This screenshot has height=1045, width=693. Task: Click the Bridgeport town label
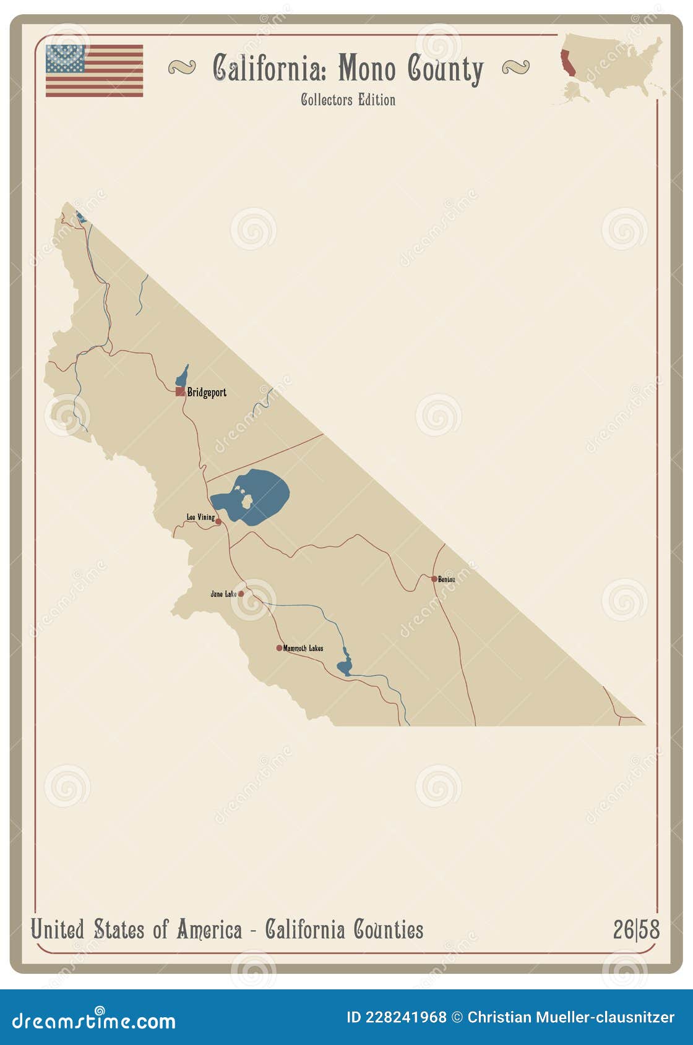click(x=207, y=392)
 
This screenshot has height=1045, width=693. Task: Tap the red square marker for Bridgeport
click(x=179, y=391)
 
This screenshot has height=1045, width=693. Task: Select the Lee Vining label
click(x=200, y=517)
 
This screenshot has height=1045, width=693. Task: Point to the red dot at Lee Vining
click(x=218, y=522)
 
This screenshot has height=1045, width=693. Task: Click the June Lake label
click(x=223, y=594)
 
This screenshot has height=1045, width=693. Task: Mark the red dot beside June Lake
click(x=241, y=594)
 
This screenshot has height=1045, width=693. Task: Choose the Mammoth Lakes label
click(x=303, y=648)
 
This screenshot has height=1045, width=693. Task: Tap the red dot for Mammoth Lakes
click(x=279, y=648)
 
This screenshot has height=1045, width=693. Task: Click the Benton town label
click(x=447, y=579)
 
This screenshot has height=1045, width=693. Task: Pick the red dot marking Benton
click(x=434, y=579)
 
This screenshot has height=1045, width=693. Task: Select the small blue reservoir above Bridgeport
click(x=183, y=375)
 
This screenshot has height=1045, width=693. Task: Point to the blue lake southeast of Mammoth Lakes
click(x=344, y=667)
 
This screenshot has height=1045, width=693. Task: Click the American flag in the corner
click(x=94, y=70)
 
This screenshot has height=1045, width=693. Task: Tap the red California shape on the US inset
click(x=567, y=64)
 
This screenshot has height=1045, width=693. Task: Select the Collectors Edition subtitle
click(x=348, y=100)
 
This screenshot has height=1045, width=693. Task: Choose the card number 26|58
click(x=636, y=929)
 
